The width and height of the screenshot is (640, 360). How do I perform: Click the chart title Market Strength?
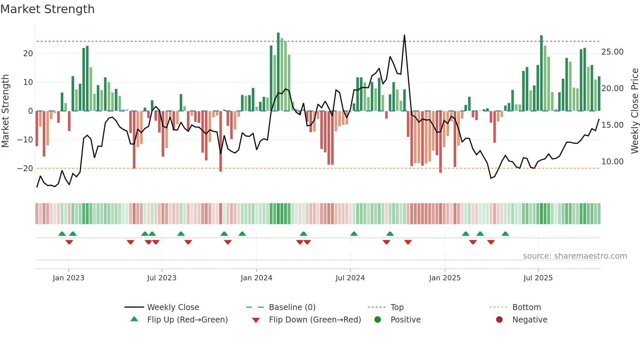(47, 9)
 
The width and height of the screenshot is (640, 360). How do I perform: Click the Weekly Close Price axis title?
(634, 110)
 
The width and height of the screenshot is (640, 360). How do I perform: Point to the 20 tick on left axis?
(28, 54)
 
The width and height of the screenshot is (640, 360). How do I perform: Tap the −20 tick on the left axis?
(25, 169)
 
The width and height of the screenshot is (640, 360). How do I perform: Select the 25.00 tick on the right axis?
(612, 52)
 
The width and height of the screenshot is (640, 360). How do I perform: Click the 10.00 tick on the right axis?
(612, 162)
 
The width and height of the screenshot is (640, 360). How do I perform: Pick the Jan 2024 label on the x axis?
(256, 278)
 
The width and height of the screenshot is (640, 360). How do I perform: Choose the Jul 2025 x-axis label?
(538, 278)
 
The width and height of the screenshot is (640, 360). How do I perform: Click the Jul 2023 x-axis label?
(162, 278)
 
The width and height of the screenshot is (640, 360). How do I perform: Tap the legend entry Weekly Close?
(173, 307)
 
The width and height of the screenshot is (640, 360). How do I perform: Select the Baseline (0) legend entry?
(292, 307)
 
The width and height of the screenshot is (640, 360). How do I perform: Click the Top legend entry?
(397, 307)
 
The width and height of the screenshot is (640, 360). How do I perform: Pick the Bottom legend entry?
(526, 307)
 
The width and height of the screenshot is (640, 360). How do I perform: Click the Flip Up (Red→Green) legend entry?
(187, 320)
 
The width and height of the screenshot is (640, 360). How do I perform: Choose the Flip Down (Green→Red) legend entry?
(315, 320)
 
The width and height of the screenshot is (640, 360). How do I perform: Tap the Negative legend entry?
(529, 320)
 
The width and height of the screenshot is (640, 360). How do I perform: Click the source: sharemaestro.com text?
(575, 256)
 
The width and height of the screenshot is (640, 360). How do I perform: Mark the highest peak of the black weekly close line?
(404, 35)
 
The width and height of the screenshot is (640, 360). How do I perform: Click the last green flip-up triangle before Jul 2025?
(505, 234)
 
